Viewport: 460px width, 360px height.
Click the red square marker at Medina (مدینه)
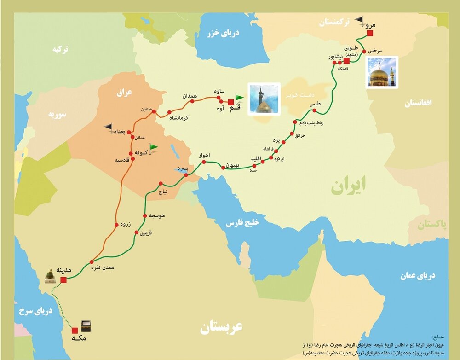point(63,279)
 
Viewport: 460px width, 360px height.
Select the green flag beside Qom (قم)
point(239,99)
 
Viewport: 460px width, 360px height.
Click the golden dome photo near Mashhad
point(382,72)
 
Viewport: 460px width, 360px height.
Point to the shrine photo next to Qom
point(264,99)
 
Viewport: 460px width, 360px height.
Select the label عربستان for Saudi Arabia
point(221,327)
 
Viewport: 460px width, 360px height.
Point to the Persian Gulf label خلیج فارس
point(242,223)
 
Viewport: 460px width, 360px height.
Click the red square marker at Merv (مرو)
point(370,33)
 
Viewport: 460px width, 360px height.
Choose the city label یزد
point(276,139)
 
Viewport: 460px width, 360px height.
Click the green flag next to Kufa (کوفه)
point(153,147)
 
